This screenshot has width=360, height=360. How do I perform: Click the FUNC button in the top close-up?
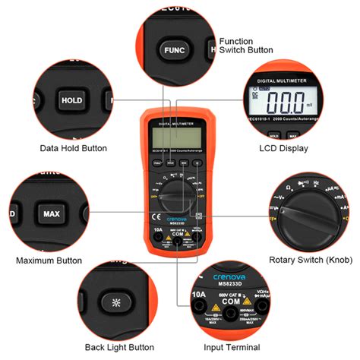[170, 50]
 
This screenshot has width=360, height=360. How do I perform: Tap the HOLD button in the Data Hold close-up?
[72, 99]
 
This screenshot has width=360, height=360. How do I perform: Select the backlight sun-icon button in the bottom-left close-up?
[115, 302]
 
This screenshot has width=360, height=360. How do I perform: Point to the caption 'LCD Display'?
[284, 148]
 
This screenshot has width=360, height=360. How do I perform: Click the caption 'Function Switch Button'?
[246, 46]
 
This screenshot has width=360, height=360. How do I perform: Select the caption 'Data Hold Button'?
[73, 148]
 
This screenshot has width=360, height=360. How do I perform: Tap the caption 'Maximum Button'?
[49, 261]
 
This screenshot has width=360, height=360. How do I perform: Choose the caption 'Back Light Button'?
[114, 348]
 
